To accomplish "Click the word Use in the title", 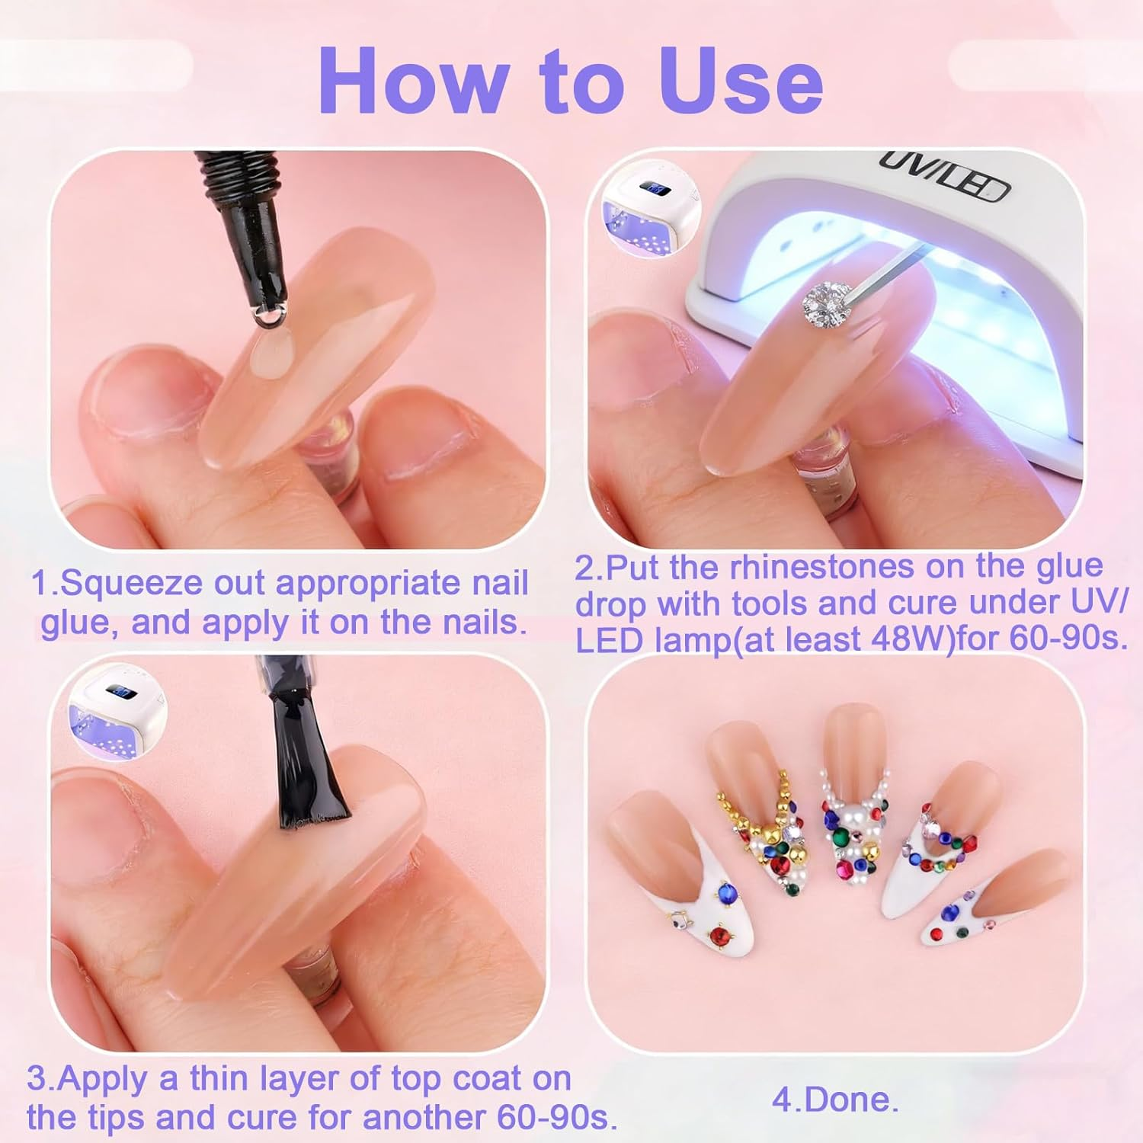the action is (x=741, y=81).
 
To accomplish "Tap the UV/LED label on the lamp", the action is (x=945, y=175).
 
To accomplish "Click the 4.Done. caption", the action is (x=835, y=1100).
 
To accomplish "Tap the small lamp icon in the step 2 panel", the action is (x=650, y=207).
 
